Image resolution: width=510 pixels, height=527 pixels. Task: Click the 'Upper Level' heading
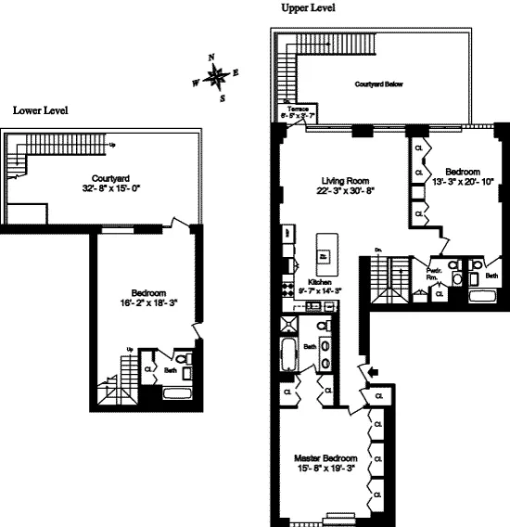pyautogui.click(x=308, y=8)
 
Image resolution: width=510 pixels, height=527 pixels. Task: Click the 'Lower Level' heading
pyautogui.click(x=40, y=109)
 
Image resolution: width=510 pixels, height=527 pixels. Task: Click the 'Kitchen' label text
pyautogui.click(x=320, y=279)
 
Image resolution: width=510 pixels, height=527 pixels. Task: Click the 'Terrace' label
pyautogui.click(x=298, y=109)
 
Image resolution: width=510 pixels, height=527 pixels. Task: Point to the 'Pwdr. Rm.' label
pyautogui.click(x=432, y=274)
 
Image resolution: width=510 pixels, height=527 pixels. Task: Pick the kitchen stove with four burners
pyautogui.click(x=287, y=288)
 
